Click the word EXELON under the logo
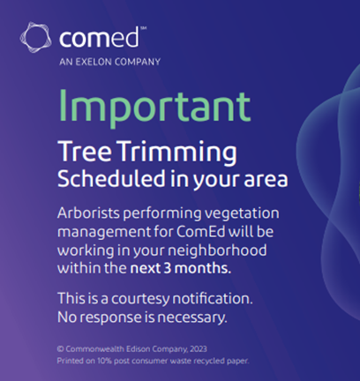click(99, 63)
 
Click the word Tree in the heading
click(82, 150)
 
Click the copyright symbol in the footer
click(59, 348)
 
